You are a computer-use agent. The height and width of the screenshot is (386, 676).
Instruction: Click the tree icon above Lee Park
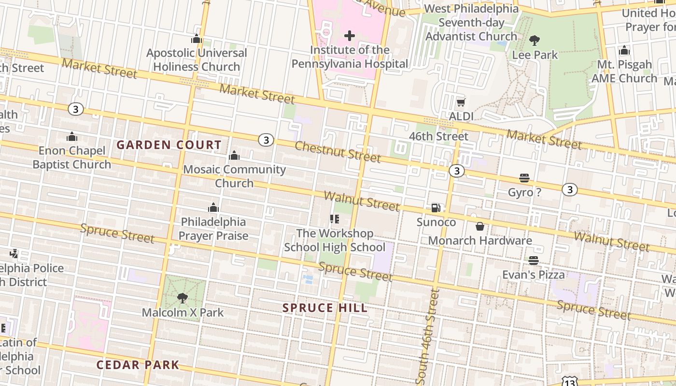click(535, 41)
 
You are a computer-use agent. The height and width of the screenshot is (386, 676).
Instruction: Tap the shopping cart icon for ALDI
click(461, 102)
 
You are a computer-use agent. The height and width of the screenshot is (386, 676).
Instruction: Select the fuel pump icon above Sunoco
click(436, 208)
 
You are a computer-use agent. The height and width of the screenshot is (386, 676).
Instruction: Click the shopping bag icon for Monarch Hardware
click(480, 226)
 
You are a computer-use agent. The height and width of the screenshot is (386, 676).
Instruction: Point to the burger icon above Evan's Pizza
click(533, 261)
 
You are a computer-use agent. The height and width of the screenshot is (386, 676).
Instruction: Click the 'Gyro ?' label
click(524, 193)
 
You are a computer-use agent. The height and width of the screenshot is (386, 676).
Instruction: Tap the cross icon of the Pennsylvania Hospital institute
click(350, 36)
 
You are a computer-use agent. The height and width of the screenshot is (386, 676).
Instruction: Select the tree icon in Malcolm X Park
click(183, 298)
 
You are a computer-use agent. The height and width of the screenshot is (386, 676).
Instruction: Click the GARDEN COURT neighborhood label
click(169, 145)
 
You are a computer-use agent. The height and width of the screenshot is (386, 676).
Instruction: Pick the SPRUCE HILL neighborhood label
click(324, 308)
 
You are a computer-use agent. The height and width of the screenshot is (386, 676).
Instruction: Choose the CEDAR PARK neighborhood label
click(138, 365)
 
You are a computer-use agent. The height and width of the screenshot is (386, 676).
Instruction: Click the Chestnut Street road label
click(338, 152)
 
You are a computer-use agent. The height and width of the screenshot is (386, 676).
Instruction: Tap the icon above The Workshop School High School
click(335, 219)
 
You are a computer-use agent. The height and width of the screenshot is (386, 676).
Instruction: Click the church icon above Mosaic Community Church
click(234, 155)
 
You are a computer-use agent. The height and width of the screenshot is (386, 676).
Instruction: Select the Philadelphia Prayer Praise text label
click(213, 229)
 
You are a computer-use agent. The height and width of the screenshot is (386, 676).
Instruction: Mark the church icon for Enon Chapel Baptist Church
click(72, 137)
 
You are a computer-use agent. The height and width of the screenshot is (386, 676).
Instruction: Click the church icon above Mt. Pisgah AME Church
click(624, 50)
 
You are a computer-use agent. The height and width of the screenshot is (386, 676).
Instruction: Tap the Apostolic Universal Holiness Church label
click(197, 60)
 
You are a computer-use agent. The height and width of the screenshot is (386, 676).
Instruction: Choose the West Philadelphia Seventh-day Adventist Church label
click(471, 23)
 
